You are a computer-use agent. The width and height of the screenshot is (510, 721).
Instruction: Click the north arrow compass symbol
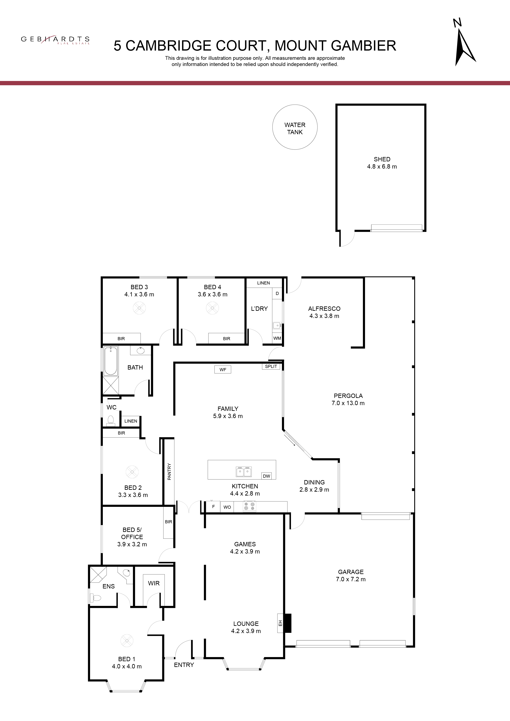[464, 44]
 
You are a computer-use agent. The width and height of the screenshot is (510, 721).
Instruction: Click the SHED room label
[382, 159]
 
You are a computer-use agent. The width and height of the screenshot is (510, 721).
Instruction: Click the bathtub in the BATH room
[111, 361]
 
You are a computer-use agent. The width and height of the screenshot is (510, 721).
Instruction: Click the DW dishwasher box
[267, 476]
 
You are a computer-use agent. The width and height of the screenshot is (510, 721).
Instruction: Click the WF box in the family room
[223, 370]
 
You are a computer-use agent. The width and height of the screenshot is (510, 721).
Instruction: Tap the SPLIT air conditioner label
[271, 366]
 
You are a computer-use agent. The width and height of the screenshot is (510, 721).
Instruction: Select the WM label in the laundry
[277, 338]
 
